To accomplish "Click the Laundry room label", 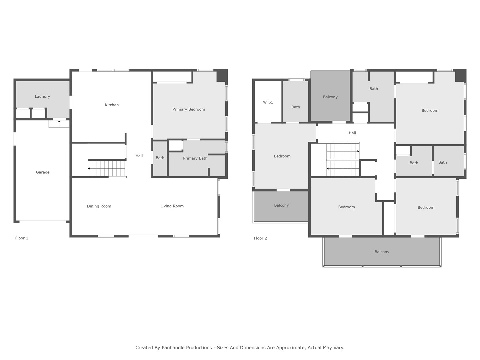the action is click(x=42, y=96).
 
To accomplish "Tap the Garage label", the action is click(x=43, y=172).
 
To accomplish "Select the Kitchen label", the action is click(x=112, y=105).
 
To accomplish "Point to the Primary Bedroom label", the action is click(x=189, y=109).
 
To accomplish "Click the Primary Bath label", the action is click(x=195, y=158).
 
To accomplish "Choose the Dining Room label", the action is click(x=99, y=206).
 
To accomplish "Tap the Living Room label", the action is click(x=172, y=206).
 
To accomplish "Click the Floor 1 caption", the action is click(x=22, y=238).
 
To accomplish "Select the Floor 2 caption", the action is click(x=260, y=238).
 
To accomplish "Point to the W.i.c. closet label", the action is click(x=268, y=102).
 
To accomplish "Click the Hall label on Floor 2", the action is click(x=352, y=133).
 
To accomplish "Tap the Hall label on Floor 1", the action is click(x=139, y=156).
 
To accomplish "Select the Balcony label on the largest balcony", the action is click(x=382, y=252).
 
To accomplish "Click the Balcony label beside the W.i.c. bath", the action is click(x=330, y=97).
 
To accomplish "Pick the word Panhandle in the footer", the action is click(x=187, y=348).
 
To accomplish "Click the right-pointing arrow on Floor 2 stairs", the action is click(x=358, y=151).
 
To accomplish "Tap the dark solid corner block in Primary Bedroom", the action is click(x=222, y=75).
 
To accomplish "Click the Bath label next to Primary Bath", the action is click(x=160, y=158).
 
